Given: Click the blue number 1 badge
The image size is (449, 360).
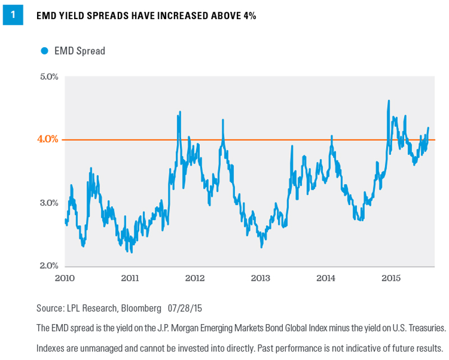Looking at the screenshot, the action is pyautogui.click(x=13, y=15).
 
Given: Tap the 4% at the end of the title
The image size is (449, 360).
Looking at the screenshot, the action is pyautogui.click(x=250, y=16).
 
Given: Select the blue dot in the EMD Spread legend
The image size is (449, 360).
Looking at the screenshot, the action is pyautogui.click(x=44, y=51).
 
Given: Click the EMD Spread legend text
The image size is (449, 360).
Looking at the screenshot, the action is pyautogui.click(x=80, y=51).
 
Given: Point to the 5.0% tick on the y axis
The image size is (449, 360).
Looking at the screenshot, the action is pyautogui.click(x=49, y=77).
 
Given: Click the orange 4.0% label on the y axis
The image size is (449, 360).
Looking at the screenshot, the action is pyautogui.click(x=48, y=139).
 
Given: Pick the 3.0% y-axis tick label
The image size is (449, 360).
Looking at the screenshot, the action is pyautogui.click(x=49, y=203).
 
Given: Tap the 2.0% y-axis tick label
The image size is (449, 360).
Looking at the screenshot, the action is pyautogui.click(x=49, y=266).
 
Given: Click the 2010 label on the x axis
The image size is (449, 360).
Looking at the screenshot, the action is pyautogui.click(x=65, y=278).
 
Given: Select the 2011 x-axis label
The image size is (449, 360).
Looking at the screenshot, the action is pyautogui.click(x=130, y=278).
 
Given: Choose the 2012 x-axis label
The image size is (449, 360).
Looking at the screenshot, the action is pyautogui.click(x=195, y=278).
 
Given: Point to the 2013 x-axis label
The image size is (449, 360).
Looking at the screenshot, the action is pyautogui.click(x=260, y=278).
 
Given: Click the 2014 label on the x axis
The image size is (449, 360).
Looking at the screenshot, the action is pyautogui.click(x=326, y=278).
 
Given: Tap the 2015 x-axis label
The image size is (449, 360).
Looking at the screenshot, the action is pyautogui.click(x=391, y=278).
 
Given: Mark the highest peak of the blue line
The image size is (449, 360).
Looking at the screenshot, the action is pyautogui.click(x=388, y=101).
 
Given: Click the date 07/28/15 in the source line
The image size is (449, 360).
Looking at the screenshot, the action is pyautogui.click(x=185, y=308).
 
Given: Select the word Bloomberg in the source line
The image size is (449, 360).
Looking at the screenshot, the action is pyautogui.click(x=141, y=308).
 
